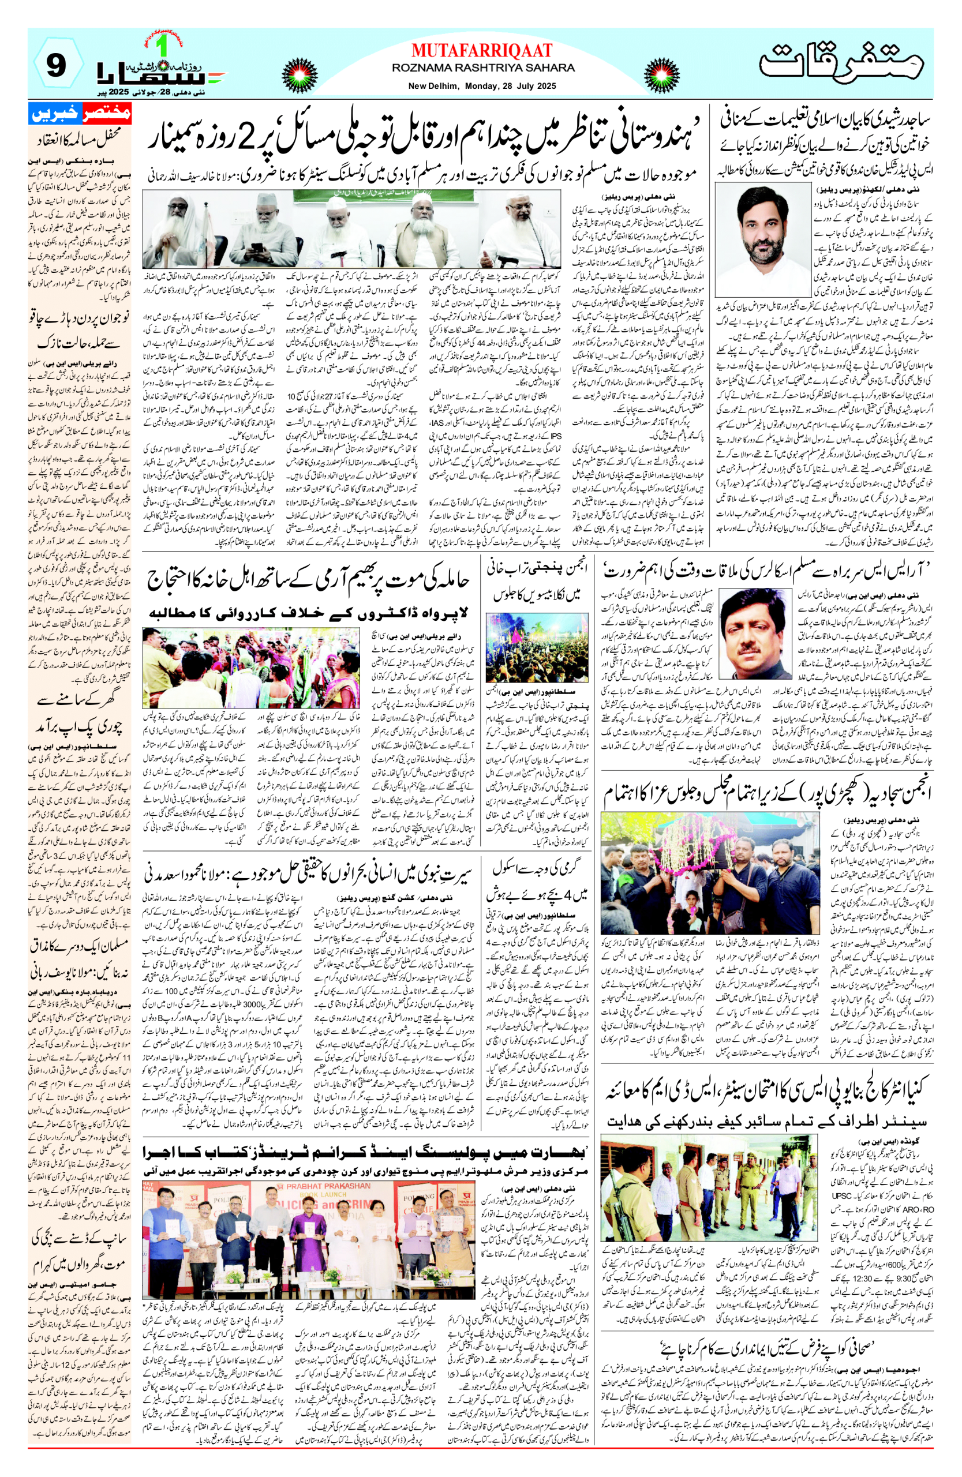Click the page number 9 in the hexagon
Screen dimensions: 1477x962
pos(56,66)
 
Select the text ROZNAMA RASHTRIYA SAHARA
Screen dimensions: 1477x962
pos(483,67)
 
